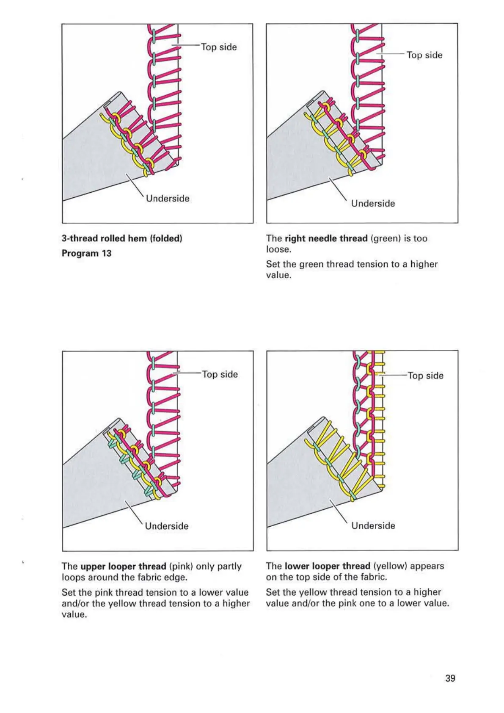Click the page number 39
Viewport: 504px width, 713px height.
pyautogui.click(x=450, y=678)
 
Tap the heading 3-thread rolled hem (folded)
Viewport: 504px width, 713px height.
pyautogui.click(x=122, y=238)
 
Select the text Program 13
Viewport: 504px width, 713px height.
pyautogui.click(x=86, y=253)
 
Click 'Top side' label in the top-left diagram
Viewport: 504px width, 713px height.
pyautogui.click(x=219, y=47)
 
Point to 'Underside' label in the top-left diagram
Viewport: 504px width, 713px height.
pyautogui.click(x=168, y=199)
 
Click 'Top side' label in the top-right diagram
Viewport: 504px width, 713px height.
pyautogui.click(x=424, y=55)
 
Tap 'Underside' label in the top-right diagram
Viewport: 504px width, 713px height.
pyautogui.click(x=373, y=204)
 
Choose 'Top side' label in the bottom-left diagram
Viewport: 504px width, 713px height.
pyautogui.click(x=220, y=374)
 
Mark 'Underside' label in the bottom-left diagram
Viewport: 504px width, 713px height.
pyautogui.click(x=167, y=526)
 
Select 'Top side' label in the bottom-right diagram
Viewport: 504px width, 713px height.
pyautogui.click(x=425, y=376)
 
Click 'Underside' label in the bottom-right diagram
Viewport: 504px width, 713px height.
pyautogui.click(x=373, y=525)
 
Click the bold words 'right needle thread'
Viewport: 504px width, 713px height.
pyautogui.click(x=326, y=238)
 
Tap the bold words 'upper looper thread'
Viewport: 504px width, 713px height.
pyautogui.click(x=123, y=566)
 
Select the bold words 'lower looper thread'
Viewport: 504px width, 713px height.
pyautogui.click(x=327, y=566)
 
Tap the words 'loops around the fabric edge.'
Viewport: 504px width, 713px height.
pyautogui.click(x=124, y=577)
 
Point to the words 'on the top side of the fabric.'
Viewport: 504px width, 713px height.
pyautogui.click(x=326, y=577)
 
